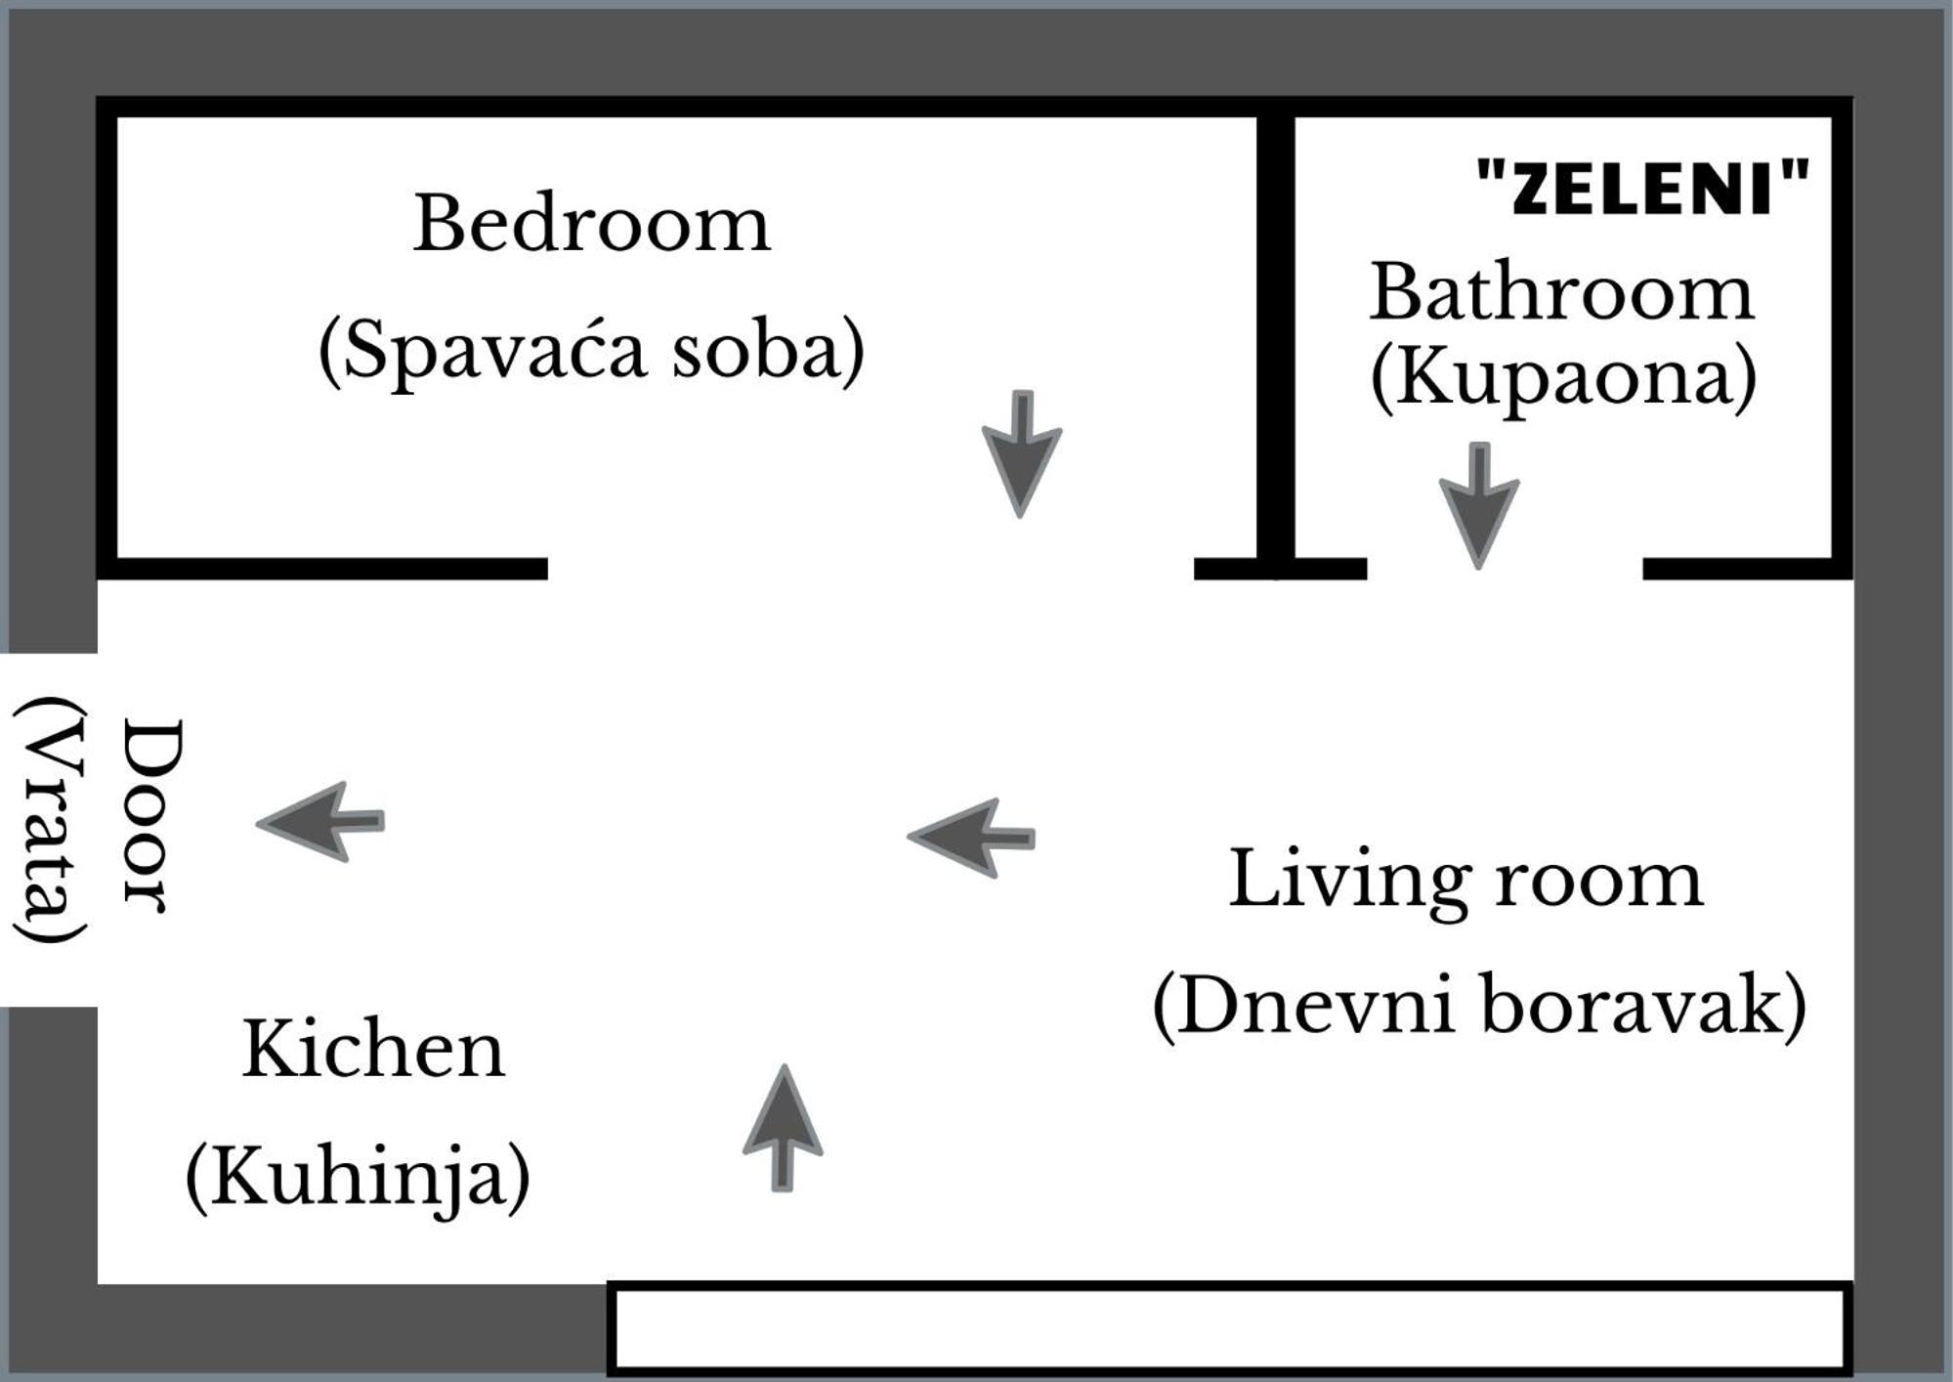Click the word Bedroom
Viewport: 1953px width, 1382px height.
tap(592, 224)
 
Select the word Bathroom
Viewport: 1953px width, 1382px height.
tap(1562, 291)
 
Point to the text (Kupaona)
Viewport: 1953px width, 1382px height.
tap(1563, 379)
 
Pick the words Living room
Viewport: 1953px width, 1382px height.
tap(1465, 880)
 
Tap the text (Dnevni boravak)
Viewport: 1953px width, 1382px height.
tap(1479, 1007)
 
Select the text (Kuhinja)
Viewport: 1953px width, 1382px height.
tap(358, 1176)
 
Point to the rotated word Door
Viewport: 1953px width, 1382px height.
tap(152, 817)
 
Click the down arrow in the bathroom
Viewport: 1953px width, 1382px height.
tap(1479, 505)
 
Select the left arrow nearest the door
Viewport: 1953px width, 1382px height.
tap(320, 821)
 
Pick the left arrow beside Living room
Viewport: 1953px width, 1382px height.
tap(971, 838)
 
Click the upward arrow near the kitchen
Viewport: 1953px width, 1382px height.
tap(783, 1128)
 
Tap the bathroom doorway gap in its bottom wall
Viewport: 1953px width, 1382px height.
tap(1505, 569)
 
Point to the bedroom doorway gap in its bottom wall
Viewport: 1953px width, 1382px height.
tap(870, 569)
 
